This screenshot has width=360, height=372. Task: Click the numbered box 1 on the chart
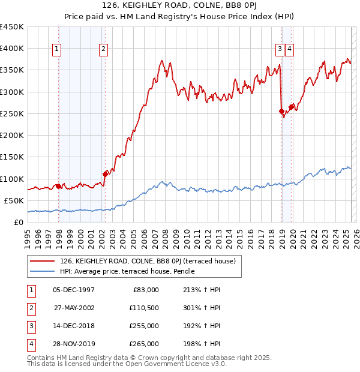[57, 50]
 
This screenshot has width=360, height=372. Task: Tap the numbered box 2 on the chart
[104, 50]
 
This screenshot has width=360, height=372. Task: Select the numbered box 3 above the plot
[280, 50]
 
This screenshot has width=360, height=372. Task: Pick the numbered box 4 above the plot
[289, 50]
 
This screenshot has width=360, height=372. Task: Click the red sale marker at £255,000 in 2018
[281, 111]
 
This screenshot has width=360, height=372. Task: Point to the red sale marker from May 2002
[105, 174]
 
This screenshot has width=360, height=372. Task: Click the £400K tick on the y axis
[12, 49]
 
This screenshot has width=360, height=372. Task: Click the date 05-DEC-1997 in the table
[74, 290]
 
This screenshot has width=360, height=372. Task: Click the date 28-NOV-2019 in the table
[74, 344]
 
